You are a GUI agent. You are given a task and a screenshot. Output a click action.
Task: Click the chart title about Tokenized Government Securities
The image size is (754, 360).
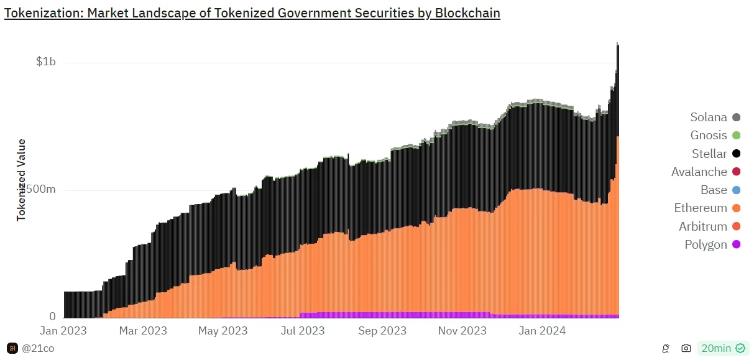pyautogui.click(x=252, y=13)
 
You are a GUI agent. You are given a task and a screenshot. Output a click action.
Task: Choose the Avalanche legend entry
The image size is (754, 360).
pyautogui.click(x=705, y=172)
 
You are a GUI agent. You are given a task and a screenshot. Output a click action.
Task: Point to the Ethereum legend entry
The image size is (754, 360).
pyautogui.click(x=706, y=208)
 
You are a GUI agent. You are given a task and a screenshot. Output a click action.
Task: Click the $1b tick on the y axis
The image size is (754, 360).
pyautogui.click(x=45, y=62)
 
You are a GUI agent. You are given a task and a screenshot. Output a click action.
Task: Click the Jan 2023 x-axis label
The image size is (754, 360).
pyautogui.click(x=63, y=331)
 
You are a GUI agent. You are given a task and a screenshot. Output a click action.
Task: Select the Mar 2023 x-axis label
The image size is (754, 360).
pyautogui.click(x=143, y=331)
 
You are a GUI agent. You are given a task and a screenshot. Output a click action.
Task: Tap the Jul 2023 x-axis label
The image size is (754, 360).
pyautogui.click(x=302, y=331)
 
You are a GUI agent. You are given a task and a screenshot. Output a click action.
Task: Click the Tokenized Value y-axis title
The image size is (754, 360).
pyautogui.click(x=21, y=180)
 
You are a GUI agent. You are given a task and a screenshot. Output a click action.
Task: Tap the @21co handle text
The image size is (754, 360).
pyautogui.click(x=37, y=348)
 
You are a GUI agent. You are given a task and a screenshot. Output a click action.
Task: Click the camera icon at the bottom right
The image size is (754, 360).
pyautogui.click(x=686, y=348)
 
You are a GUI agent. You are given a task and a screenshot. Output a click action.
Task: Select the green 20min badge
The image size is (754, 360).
pyautogui.click(x=723, y=348)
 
